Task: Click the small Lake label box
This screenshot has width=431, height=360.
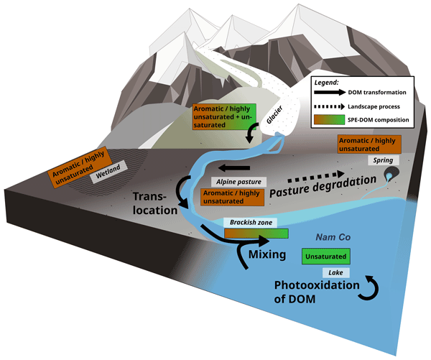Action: (x=335, y=273)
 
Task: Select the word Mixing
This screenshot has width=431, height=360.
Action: (x=267, y=255)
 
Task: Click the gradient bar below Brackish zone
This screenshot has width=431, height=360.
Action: (x=256, y=234)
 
